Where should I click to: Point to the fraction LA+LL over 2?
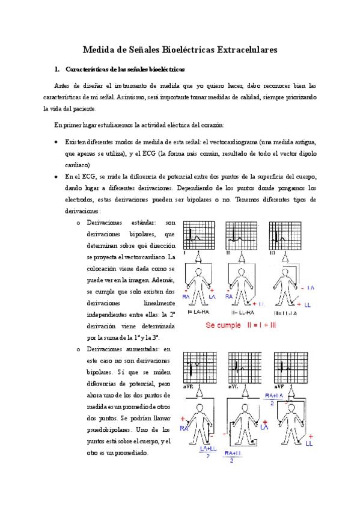point(204,450)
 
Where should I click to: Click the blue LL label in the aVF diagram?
point(309,443)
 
